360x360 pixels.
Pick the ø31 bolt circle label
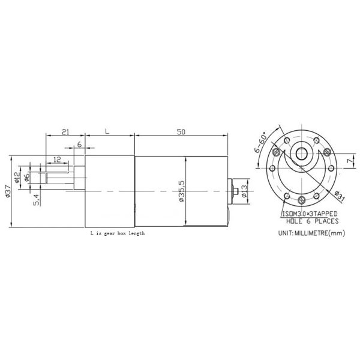point(337,196)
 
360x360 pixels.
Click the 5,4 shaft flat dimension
point(36,199)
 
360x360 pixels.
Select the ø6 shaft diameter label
point(28,178)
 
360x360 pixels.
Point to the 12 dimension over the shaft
point(57,159)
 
